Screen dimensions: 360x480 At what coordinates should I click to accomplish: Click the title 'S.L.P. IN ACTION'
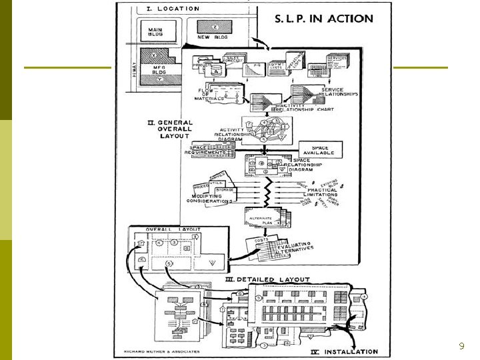point(324,18)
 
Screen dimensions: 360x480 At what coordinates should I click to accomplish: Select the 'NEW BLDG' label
point(212,37)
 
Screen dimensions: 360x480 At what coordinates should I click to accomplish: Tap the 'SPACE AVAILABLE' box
point(320,149)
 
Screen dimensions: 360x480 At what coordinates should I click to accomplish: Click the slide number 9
point(461,346)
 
